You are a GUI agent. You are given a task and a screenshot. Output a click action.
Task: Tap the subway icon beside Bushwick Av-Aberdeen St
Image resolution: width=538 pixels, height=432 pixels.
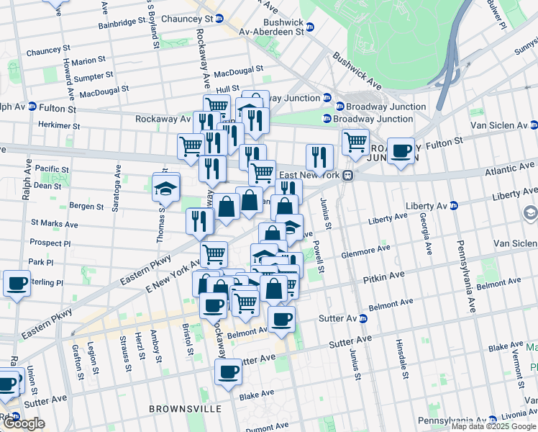pyautogui.click(x=310, y=27)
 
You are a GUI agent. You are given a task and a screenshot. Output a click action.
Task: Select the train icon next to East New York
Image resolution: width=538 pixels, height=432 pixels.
pyautogui.click(x=347, y=175)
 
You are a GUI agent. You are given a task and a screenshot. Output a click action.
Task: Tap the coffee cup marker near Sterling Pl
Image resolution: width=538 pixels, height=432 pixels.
pyautogui.click(x=17, y=283)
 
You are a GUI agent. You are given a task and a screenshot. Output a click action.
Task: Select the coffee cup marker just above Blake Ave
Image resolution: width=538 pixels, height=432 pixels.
pyautogui.click(x=228, y=372)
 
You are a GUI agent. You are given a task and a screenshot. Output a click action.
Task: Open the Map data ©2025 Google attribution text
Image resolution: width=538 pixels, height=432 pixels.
pyautogui.click(x=493, y=426)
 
